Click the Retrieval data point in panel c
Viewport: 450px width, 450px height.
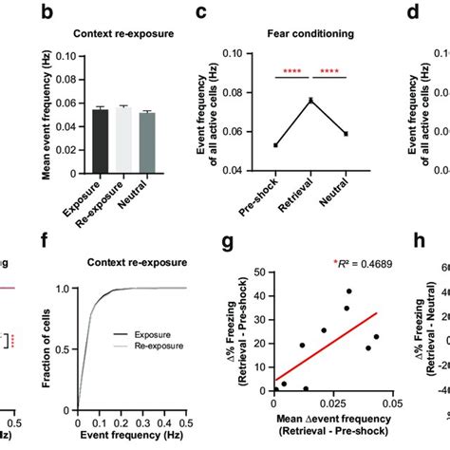tap(309, 100)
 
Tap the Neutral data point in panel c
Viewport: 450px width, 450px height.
tap(346, 133)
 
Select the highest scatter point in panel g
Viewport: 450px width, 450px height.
tap(348, 291)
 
